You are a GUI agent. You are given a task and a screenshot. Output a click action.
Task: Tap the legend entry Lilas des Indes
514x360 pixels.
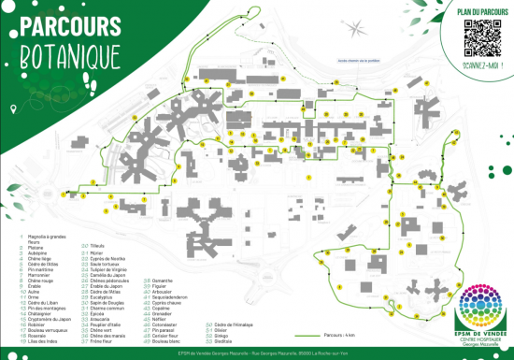[x=37, y=341]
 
